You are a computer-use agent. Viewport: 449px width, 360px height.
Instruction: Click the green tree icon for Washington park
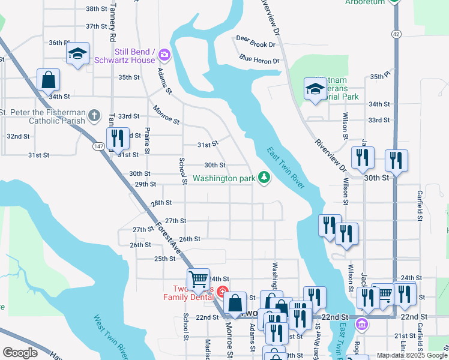(264, 178)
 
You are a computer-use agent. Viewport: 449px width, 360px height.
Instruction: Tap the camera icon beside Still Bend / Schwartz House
(163, 56)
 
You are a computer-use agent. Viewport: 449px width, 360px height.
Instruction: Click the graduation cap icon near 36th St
(77, 54)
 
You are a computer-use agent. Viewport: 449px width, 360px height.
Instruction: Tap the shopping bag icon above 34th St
(48, 79)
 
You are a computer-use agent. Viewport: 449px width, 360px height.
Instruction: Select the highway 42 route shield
(397, 34)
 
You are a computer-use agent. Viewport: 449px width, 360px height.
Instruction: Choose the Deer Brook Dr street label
(256, 44)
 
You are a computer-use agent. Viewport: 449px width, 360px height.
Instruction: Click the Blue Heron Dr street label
(259, 60)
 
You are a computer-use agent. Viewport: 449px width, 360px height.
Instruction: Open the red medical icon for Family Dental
(221, 293)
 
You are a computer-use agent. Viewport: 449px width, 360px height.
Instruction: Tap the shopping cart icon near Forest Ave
(198, 278)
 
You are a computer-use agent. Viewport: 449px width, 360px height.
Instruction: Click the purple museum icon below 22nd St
(361, 325)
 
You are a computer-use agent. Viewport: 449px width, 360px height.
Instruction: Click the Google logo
(20, 353)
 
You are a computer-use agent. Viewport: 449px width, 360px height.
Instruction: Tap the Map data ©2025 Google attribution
(411, 355)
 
